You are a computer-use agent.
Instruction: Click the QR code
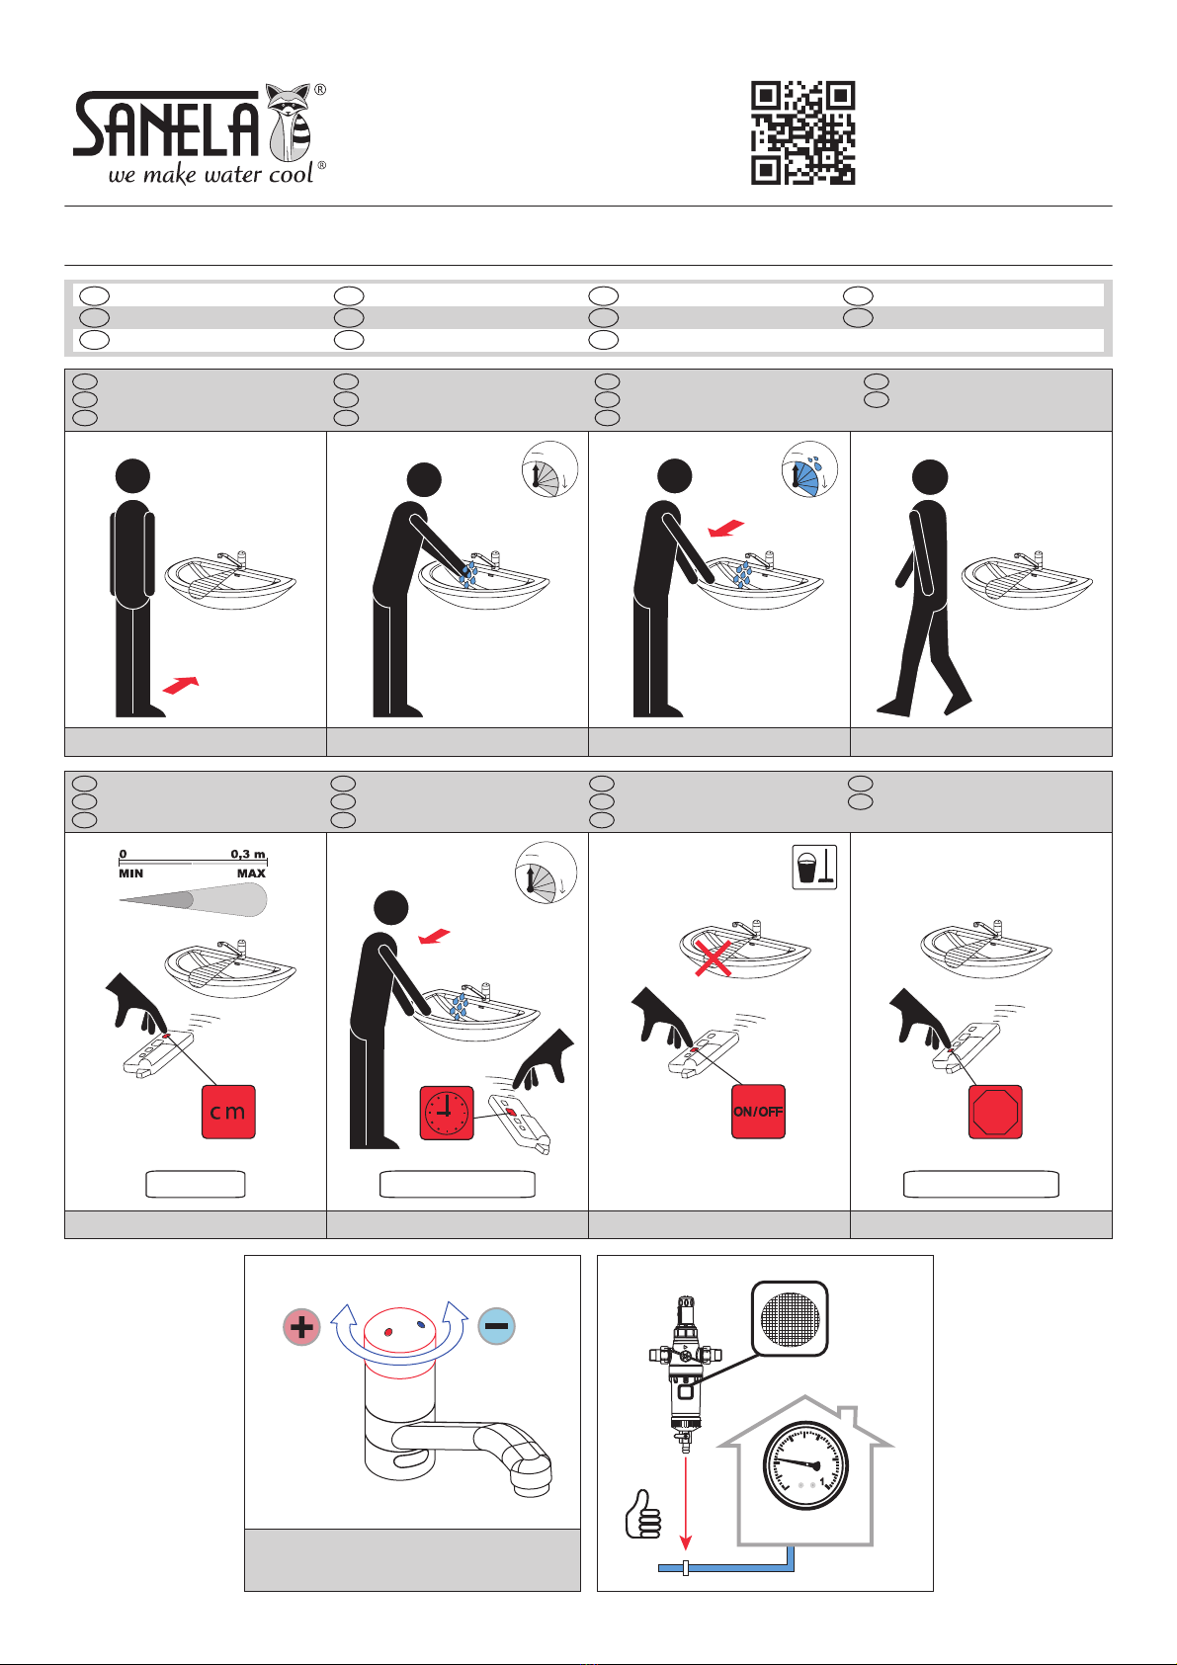click(802, 132)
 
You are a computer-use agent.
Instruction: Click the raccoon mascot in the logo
click(291, 123)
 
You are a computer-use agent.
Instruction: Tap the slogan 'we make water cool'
click(210, 175)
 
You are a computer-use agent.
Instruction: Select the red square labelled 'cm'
click(228, 1112)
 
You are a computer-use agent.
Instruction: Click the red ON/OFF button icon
click(758, 1112)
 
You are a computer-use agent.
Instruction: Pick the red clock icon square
click(447, 1113)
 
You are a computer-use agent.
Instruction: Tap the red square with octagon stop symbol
click(995, 1112)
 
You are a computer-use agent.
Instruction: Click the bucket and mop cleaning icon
click(815, 867)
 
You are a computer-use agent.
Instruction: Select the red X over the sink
click(714, 957)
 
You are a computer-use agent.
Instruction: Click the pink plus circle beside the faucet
click(301, 1327)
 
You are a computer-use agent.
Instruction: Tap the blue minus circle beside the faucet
click(497, 1326)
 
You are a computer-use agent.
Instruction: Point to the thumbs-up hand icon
click(643, 1514)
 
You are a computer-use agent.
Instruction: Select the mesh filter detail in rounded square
click(790, 1318)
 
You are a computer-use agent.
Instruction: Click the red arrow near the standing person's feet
click(181, 685)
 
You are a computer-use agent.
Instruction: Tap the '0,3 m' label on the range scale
click(248, 854)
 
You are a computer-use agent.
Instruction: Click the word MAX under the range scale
click(251, 874)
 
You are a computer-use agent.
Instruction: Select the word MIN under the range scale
click(130, 874)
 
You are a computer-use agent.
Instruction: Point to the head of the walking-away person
click(929, 476)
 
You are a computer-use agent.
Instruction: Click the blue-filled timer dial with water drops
click(809, 469)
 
